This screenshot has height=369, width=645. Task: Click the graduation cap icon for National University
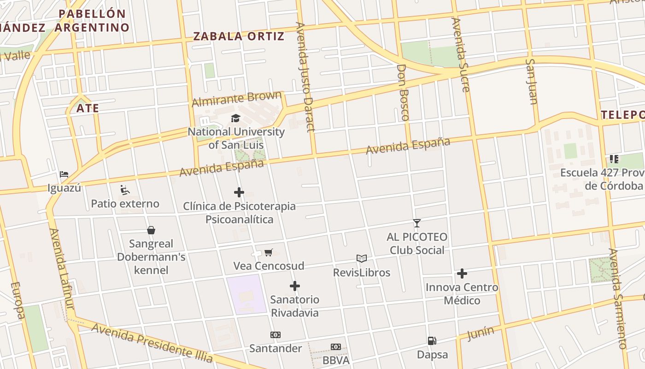pyautogui.click(x=236, y=119)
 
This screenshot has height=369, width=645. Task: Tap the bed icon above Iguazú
pyautogui.click(x=64, y=174)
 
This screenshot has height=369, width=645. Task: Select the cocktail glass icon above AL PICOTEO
pyautogui.click(x=417, y=223)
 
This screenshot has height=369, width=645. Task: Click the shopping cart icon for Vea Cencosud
pyautogui.click(x=269, y=252)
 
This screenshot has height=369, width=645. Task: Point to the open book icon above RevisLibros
pyautogui.click(x=362, y=258)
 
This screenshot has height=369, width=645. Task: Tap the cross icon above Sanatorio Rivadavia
pyautogui.click(x=295, y=286)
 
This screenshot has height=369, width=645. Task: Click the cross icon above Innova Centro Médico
pyautogui.click(x=462, y=274)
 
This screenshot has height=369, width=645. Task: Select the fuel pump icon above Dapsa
pyautogui.click(x=432, y=341)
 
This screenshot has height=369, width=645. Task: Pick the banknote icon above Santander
pyautogui.click(x=276, y=335)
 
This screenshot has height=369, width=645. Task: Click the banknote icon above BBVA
pyautogui.click(x=336, y=347)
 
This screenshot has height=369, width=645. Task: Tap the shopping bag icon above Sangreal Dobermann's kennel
pyautogui.click(x=151, y=230)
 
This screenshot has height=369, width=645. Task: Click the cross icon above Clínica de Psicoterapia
pyautogui.click(x=239, y=192)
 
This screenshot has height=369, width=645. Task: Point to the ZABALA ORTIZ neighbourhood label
pyautogui.click(x=239, y=36)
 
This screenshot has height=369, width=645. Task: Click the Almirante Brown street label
pyautogui.click(x=236, y=99)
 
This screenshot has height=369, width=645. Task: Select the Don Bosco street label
pyautogui.click(x=403, y=92)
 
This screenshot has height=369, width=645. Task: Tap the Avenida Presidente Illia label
pyautogui.click(x=152, y=342)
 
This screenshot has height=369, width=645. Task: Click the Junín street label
pyautogui.click(x=481, y=333)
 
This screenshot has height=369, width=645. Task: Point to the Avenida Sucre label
pyautogui.click(x=460, y=54)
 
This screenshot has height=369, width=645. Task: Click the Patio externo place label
pyautogui.click(x=125, y=203)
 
